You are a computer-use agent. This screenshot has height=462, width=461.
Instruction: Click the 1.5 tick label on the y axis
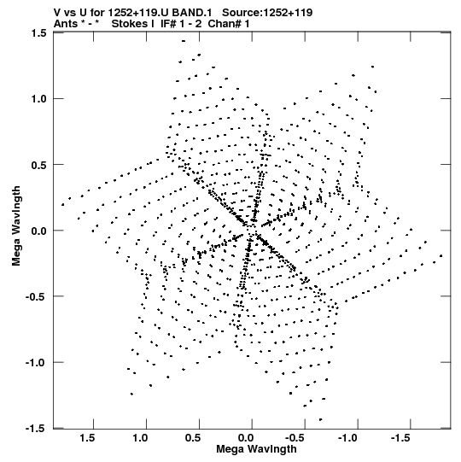click(39, 33)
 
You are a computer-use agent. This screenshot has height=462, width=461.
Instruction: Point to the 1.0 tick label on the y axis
click(39, 99)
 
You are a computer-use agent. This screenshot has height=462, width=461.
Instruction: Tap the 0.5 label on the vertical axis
click(39, 165)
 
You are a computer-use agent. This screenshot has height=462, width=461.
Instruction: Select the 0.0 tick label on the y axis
click(39, 231)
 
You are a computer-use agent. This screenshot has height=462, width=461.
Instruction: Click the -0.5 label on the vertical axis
click(36, 296)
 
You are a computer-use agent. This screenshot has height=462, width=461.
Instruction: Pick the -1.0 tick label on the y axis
click(36, 362)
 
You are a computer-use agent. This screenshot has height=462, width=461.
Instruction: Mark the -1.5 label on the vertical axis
click(36, 428)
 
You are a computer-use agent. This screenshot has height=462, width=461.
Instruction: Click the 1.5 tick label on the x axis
click(87, 438)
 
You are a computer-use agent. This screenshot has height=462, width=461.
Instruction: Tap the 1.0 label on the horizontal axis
click(140, 438)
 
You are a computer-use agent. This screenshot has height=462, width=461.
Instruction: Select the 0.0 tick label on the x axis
click(246, 438)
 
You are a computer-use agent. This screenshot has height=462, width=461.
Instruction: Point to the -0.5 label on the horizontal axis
click(296, 438)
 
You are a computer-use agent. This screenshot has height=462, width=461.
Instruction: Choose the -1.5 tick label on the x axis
click(402, 438)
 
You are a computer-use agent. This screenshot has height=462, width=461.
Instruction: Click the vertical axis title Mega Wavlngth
click(16, 226)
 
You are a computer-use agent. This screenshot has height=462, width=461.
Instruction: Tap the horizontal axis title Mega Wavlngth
click(256, 449)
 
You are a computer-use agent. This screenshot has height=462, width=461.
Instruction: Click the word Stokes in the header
click(129, 24)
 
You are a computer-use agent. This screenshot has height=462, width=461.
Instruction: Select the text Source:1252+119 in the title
click(267, 13)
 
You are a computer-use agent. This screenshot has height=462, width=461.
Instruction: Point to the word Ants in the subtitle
click(66, 24)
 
